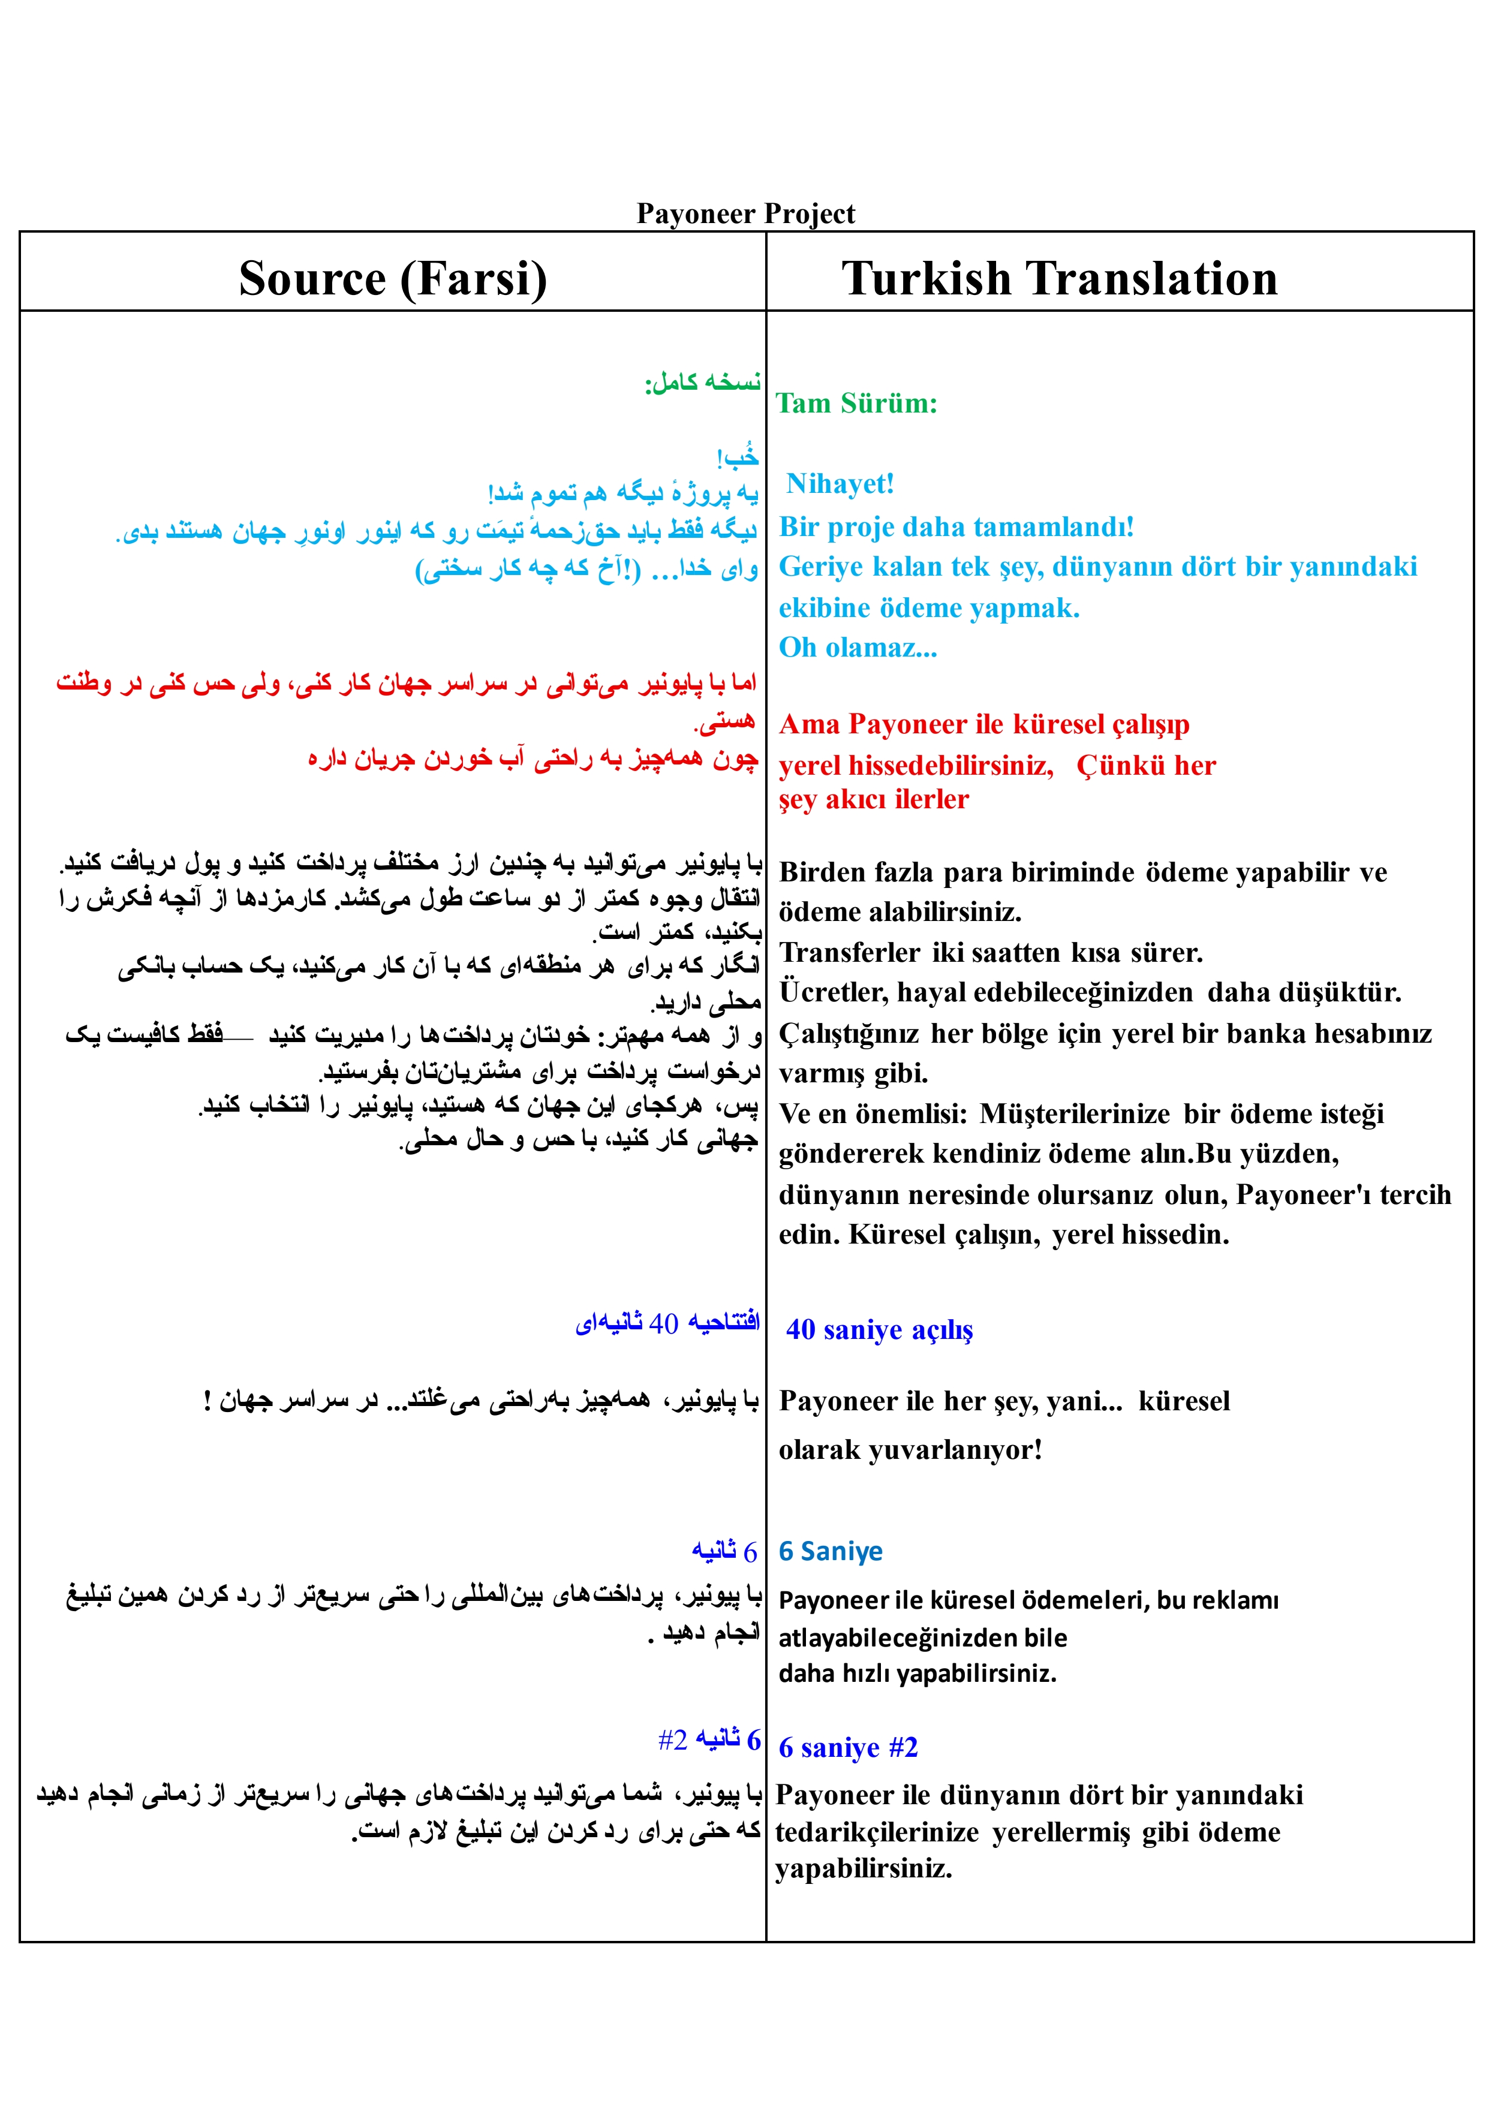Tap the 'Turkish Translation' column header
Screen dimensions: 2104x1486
(1059, 279)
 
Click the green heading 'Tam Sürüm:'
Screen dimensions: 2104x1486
(856, 403)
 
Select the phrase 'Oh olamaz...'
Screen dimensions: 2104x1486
(857, 648)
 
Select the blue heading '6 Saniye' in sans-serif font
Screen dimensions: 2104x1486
(831, 1551)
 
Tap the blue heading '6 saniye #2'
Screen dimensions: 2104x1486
(848, 1747)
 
